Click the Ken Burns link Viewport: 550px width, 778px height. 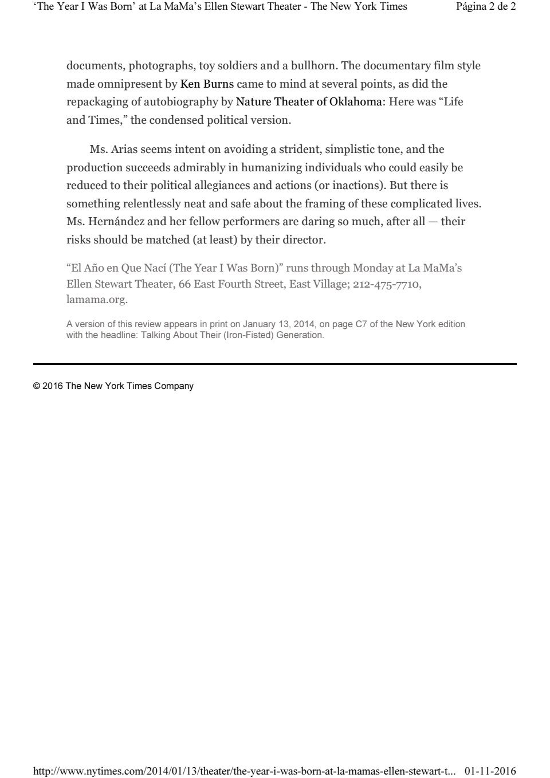click(207, 84)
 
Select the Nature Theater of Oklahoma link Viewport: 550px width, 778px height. click(309, 102)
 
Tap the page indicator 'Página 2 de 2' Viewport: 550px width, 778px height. click(486, 7)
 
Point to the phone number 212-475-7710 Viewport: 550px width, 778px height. click(387, 284)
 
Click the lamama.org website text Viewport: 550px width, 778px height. click(96, 300)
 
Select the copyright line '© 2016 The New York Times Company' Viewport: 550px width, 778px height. click(113, 386)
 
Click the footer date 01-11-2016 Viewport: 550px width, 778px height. click(490, 771)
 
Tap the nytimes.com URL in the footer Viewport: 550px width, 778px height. click(244, 771)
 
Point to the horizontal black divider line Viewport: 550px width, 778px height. click(275, 364)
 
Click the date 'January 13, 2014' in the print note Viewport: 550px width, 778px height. click(279, 324)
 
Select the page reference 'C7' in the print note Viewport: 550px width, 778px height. click(361, 324)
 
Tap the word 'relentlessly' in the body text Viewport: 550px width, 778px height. click(153, 203)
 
